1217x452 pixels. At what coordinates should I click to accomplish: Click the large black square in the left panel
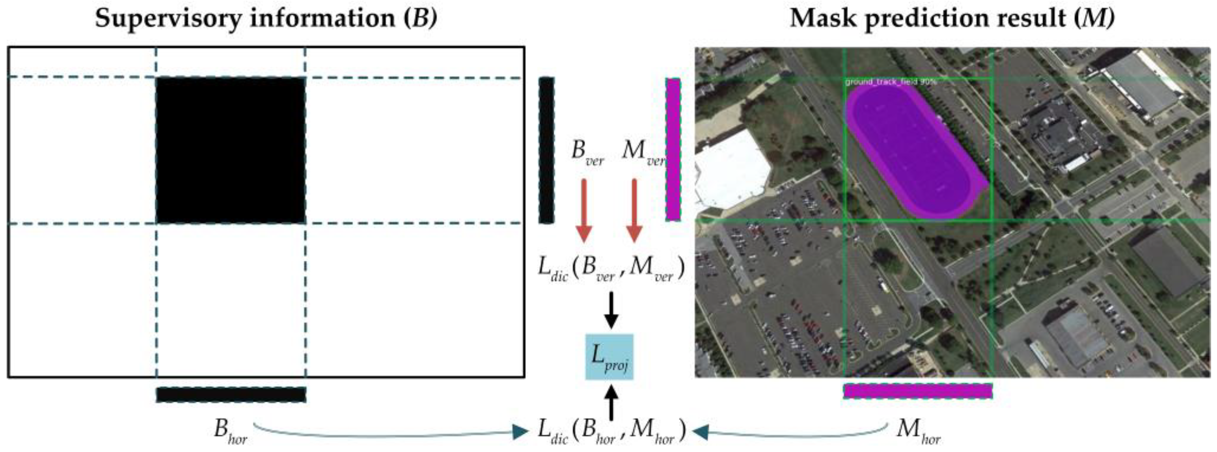click(231, 150)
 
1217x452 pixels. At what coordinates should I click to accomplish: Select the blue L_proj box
click(609, 357)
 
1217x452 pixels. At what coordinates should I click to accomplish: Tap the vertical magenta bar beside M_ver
click(673, 149)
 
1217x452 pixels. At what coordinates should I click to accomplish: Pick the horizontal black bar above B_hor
click(231, 394)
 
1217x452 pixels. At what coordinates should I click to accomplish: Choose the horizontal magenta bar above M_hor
click(917, 391)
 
